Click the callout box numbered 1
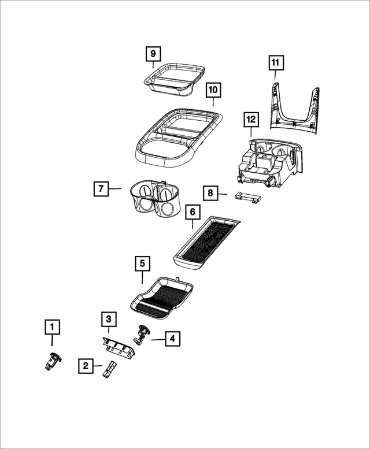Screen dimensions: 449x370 coord(53,328)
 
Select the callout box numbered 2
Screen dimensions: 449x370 coord(86,365)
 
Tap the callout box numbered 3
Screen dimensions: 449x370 coord(108,318)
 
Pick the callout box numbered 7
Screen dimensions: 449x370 coord(101,188)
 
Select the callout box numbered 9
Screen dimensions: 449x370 coord(153,54)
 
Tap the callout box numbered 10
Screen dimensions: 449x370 coord(212,90)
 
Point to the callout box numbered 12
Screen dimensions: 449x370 coord(250,120)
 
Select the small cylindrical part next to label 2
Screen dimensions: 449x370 coord(109,369)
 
